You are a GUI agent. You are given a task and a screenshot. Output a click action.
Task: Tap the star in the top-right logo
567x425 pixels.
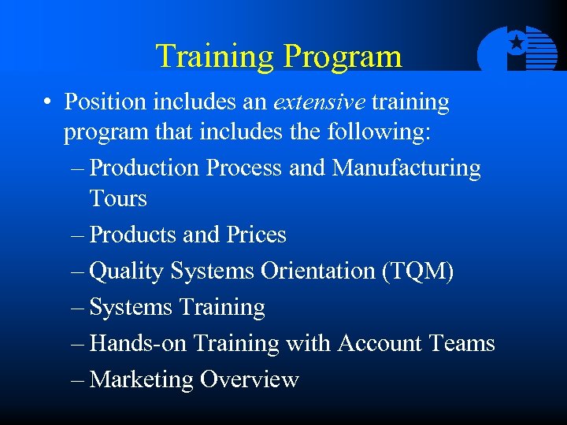click(x=517, y=42)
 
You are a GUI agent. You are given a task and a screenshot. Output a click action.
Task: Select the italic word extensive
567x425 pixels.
click(x=319, y=102)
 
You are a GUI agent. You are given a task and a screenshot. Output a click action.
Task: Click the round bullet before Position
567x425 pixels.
click(x=49, y=103)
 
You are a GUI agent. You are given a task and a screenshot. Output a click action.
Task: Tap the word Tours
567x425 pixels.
click(x=118, y=198)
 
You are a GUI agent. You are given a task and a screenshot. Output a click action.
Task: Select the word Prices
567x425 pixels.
click(x=257, y=235)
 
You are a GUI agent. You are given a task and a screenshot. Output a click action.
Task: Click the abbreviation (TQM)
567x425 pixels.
click(x=417, y=271)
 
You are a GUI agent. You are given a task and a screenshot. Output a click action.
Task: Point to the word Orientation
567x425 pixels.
click(x=317, y=271)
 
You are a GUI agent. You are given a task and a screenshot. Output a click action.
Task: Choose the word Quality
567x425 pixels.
click(x=127, y=272)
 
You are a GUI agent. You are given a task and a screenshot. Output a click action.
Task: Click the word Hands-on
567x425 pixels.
click(x=139, y=343)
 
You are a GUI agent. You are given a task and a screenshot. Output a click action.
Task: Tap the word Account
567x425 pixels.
click(x=380, y=343)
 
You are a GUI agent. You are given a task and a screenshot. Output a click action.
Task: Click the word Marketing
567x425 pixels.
click(x=142, y=379)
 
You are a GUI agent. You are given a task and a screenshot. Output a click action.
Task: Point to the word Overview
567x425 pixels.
click(x=249, y=379)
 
